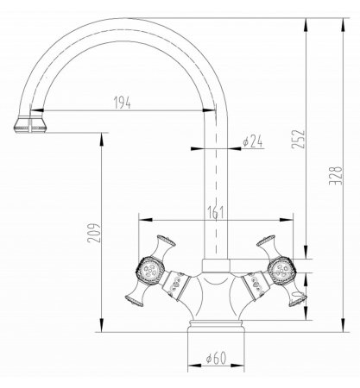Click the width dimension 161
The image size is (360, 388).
(216, 210)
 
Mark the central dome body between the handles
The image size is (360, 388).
(216, 293)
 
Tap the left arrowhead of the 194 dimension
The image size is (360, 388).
(35, 111)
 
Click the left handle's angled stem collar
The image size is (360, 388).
(178, 281)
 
